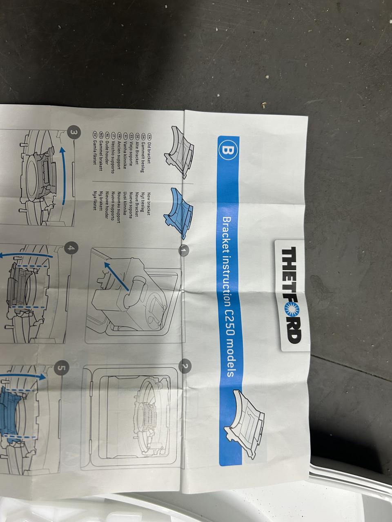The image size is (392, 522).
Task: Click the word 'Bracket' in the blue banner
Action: click(x=228, y=237)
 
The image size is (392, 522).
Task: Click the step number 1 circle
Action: click(x=185, y=250)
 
